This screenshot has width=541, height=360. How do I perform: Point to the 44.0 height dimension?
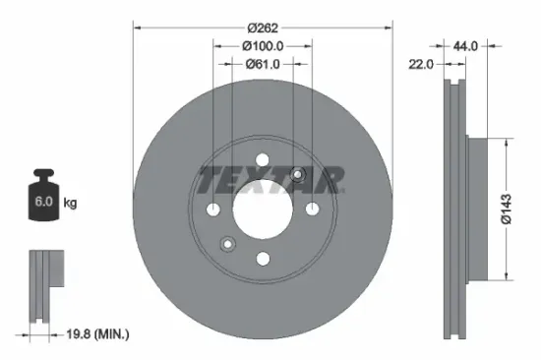pos(465,45)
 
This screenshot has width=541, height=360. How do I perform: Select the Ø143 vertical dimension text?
pos(505,210)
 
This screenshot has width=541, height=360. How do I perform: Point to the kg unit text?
pos(70,204)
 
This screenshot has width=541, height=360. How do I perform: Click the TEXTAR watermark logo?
pos(270,180)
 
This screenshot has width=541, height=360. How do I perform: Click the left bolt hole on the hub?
pos(214,209)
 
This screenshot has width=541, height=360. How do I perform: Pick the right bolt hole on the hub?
pos(312,209)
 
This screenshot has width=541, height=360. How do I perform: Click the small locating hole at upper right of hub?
pos(298,175)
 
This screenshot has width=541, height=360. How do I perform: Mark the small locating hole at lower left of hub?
pos(227,243)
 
